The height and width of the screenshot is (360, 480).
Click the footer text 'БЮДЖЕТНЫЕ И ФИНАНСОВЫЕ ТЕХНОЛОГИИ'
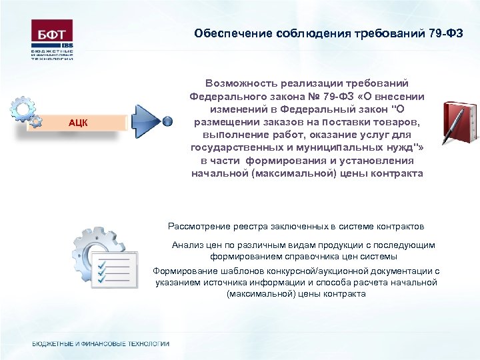click(x=101, y=344)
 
